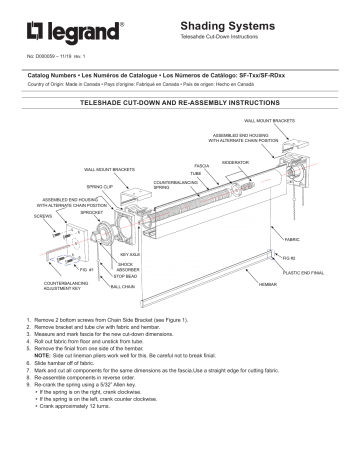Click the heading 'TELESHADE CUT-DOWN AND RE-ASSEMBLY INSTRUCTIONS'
click(x=179, y=103)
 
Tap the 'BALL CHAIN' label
click(x=122, y=285)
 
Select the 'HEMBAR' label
click(x=267, y=285)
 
